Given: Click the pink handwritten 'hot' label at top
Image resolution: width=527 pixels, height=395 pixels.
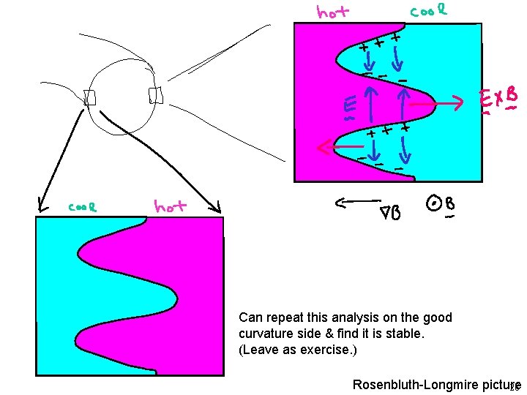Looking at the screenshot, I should click(333, 12).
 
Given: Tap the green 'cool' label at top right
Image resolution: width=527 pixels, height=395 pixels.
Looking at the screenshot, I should click(428, 11).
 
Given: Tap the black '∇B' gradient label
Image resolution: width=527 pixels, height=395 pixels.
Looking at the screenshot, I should click(389, 213).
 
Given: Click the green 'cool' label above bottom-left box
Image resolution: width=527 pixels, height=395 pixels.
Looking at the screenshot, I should click(84, 206).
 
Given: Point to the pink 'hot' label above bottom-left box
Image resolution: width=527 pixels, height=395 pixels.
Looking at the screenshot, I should click(169, 207).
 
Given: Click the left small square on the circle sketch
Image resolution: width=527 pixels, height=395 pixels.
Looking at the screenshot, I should click(90, 97).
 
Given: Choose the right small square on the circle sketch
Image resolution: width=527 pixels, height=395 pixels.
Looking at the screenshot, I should click(154, 95).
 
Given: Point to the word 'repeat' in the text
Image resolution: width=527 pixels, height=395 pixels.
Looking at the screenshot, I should click(279, 317).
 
